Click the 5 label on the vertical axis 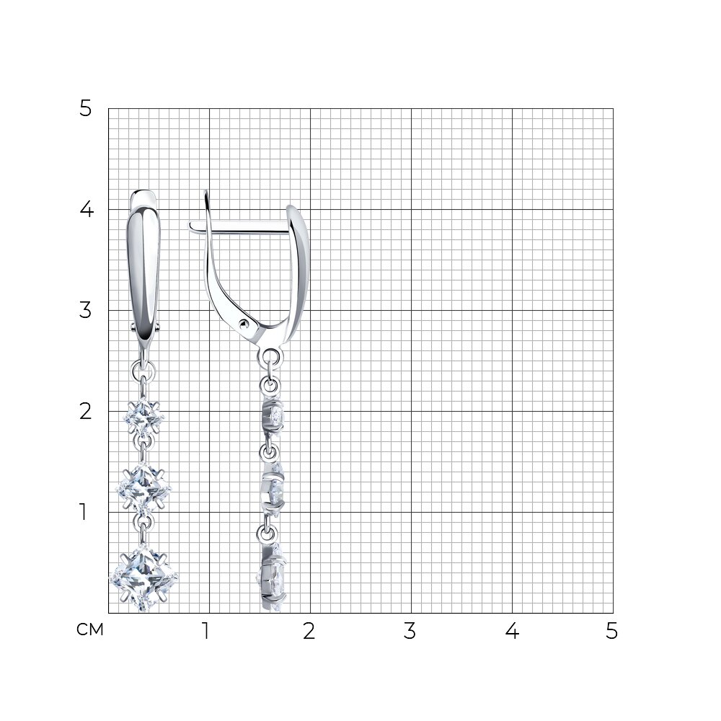(86, 109)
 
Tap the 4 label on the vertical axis (87, 210)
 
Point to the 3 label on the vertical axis (86, 310)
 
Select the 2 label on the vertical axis (86, 411)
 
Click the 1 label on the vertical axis (83, 512)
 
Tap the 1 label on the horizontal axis (205, 632)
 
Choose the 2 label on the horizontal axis (309, 632)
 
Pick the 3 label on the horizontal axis (410, 632)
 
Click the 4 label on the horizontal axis (512, 632)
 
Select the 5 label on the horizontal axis (611, 632)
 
